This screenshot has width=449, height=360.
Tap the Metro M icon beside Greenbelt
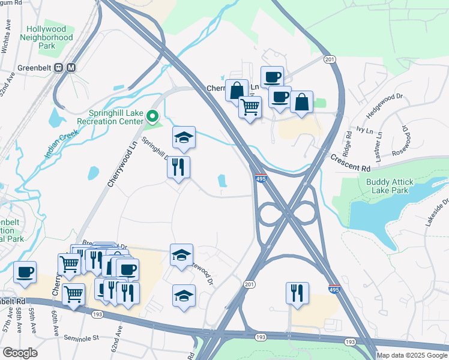(x=71, y=68)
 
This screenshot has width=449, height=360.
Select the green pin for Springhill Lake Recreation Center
(x=152, y=116)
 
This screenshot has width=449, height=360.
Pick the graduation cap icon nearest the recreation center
(x=184, y=137)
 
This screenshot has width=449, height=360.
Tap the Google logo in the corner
(x=20, y=353)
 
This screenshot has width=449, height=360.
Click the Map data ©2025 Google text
(x=412, y=355)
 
